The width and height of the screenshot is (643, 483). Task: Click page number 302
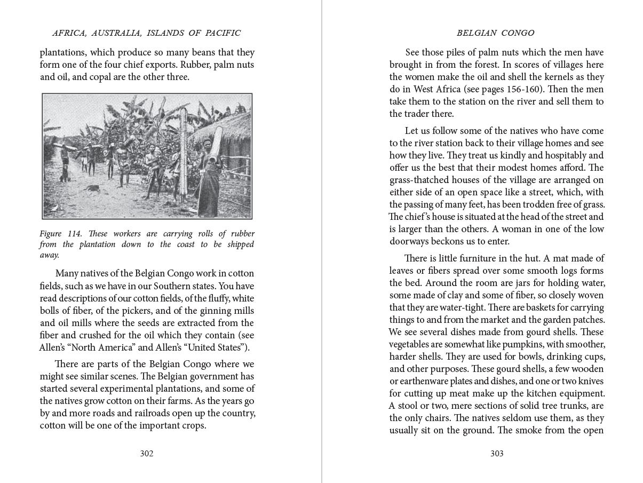pos(146,454)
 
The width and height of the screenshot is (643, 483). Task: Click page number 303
pos(497,454)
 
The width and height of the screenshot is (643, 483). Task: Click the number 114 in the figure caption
pos(75,234)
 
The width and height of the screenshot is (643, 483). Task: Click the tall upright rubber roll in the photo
pos(184,155)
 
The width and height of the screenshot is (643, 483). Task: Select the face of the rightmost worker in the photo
pos(207,143)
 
